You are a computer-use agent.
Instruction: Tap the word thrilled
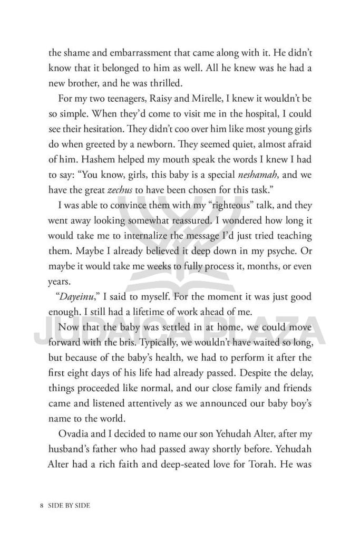click(194, 83)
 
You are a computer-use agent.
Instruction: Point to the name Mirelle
click(204, 99)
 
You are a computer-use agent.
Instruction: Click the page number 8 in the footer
click(41, 505)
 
